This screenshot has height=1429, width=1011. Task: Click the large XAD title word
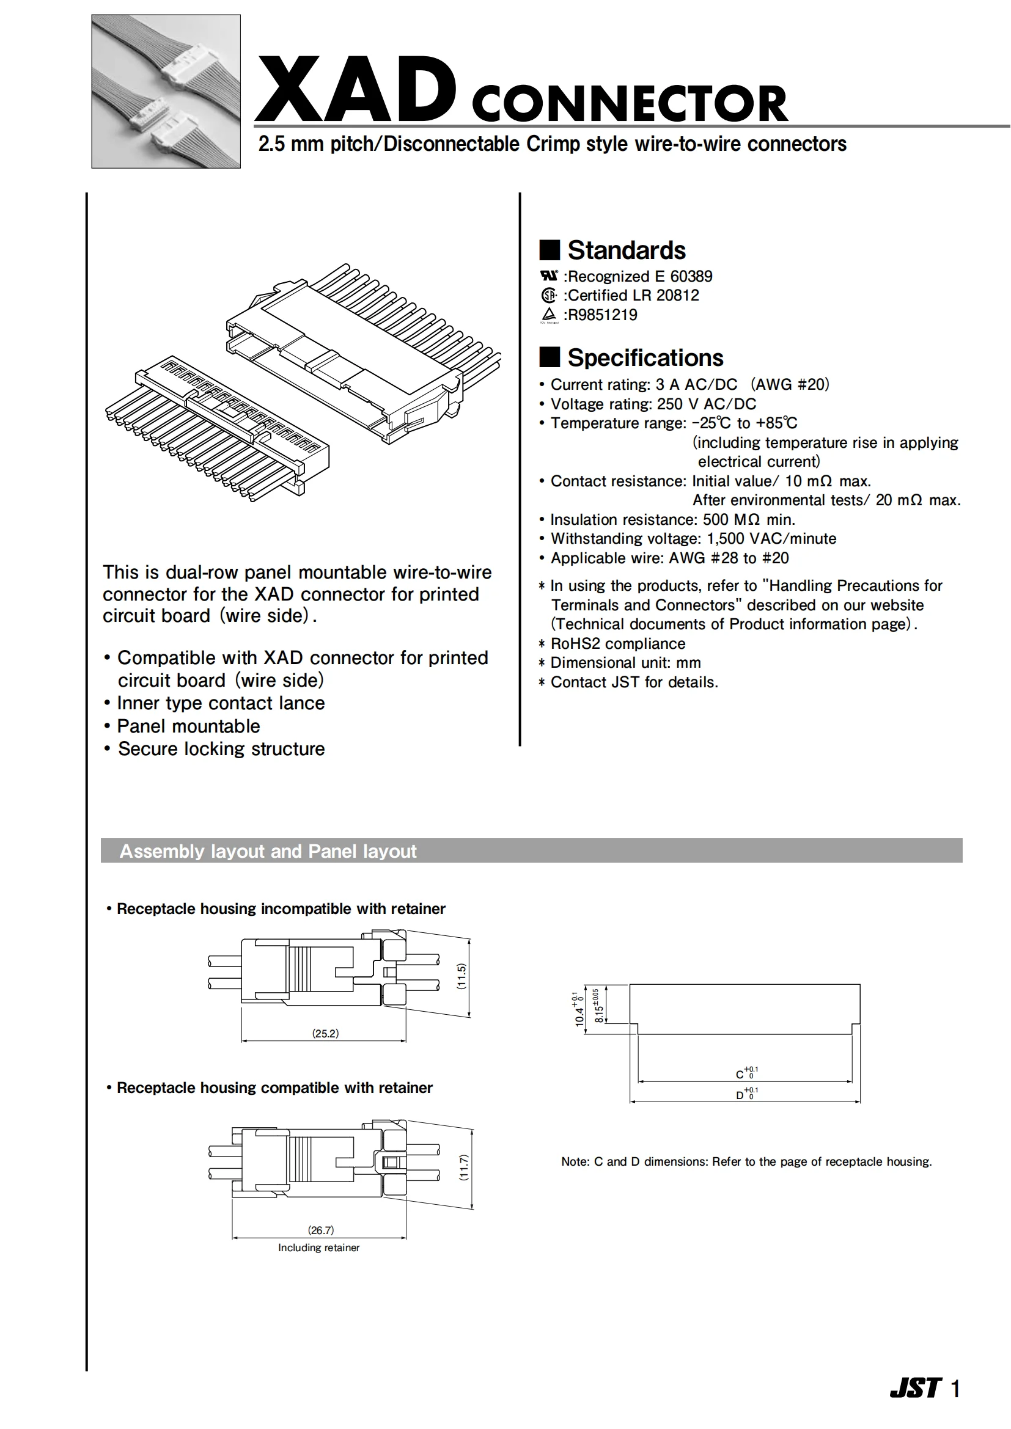[x=356, y=89]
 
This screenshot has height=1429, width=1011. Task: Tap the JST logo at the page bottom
[x=915, y=1388]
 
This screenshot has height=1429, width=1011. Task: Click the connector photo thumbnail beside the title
[x=166, y=92]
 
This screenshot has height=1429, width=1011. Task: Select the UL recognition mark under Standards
[x=549, y=276]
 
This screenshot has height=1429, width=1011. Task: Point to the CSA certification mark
[x=548, y=295]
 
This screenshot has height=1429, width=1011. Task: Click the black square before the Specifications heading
[x=549, y=358]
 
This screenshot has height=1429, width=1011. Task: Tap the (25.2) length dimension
[x=326, y=1034]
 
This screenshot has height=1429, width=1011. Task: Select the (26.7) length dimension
[x=321, y=1230]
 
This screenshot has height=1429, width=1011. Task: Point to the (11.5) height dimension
[x=461, y=976]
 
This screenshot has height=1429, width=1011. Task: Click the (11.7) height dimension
[x=464, y=1167]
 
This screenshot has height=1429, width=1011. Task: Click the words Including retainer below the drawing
[x=318, y=1248]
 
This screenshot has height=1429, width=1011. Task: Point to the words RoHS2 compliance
[x=617, y=643]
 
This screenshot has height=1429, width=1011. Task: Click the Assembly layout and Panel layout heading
[x=268, y=852]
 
